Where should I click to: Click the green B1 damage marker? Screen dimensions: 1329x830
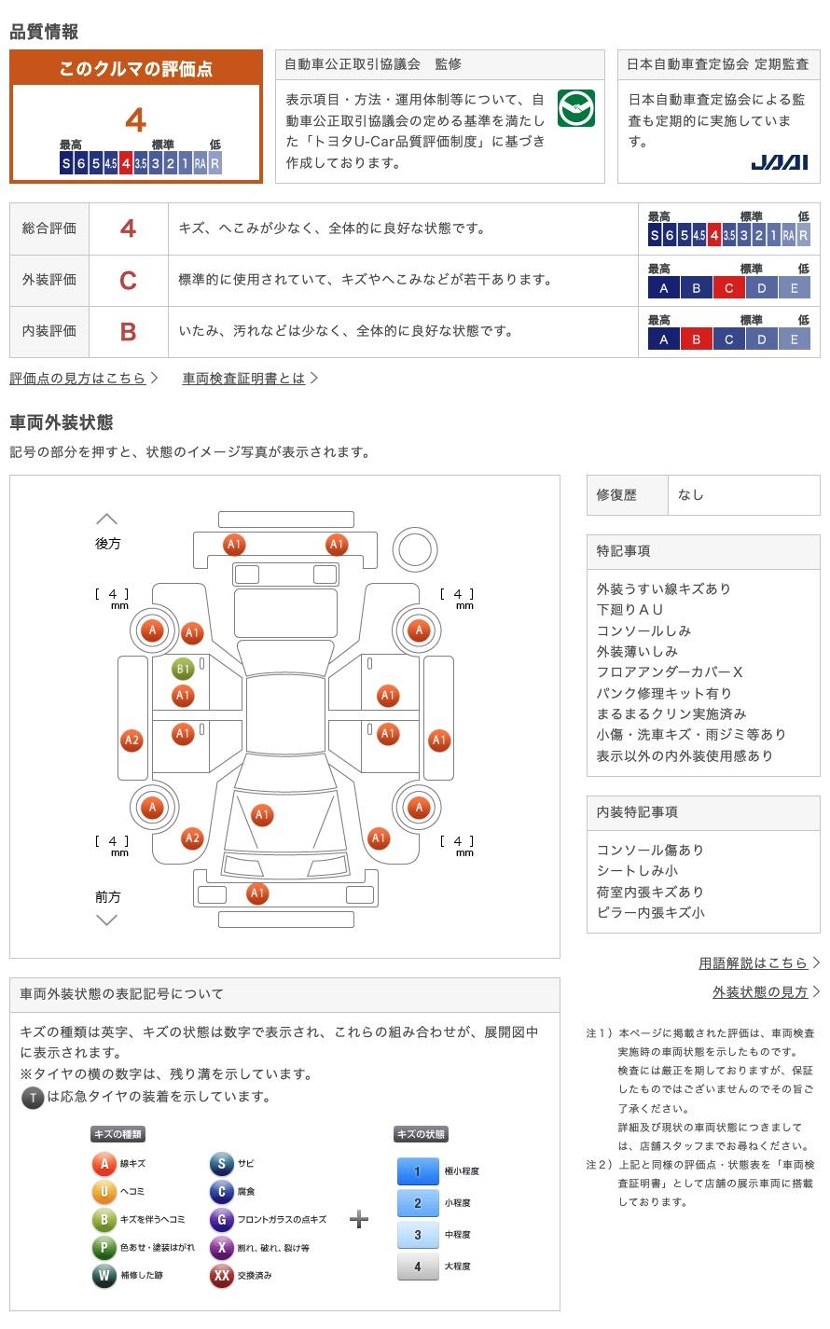(x=183, y=669)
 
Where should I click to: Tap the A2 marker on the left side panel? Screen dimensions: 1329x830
(x=131, y=741)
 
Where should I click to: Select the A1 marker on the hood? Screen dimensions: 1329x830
(x=262, y=815)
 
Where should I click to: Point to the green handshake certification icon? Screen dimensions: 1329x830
(x=575, y=109)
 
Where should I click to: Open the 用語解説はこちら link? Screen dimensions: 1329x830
(x=753, y=962)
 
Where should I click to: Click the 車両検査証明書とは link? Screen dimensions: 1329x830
(x=243, y=378)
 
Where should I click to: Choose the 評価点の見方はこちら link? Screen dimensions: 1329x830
(x=77, y=378)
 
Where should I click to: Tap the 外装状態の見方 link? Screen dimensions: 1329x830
(x=760, y=992)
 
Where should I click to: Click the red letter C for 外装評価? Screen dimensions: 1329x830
(x=128, y=280)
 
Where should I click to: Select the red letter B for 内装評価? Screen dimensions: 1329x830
(x=128, y=331)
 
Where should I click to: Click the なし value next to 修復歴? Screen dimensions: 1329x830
(x=691, y=495)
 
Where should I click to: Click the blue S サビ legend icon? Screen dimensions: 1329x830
(x=221, y=1163)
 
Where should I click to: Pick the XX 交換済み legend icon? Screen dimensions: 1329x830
(x=221, y=1275)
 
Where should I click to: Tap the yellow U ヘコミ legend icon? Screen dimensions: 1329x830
(x=104, y=1191)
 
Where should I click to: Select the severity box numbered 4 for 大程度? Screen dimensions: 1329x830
(x=418, y=1267)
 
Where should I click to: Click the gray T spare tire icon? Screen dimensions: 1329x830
(x=33, y=1098)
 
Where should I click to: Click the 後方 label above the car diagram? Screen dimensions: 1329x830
(x=107, y=543)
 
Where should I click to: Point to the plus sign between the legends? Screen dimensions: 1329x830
(x=359, y=1219)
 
